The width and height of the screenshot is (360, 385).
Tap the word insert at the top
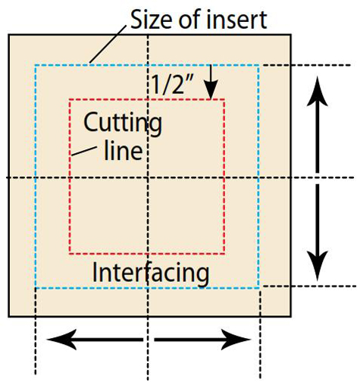pos(237,19)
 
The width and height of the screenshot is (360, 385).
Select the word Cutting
pos(122,121)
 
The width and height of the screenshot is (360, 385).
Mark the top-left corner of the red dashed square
pos(70,100)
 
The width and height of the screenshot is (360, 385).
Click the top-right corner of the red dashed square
pos(225,100)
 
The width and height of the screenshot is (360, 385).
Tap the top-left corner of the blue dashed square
pos(36,65)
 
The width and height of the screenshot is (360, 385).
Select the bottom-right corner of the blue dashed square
pos(260,287)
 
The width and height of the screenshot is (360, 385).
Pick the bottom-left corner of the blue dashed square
pos(36,287)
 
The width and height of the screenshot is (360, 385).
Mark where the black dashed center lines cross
pos(148,177)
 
